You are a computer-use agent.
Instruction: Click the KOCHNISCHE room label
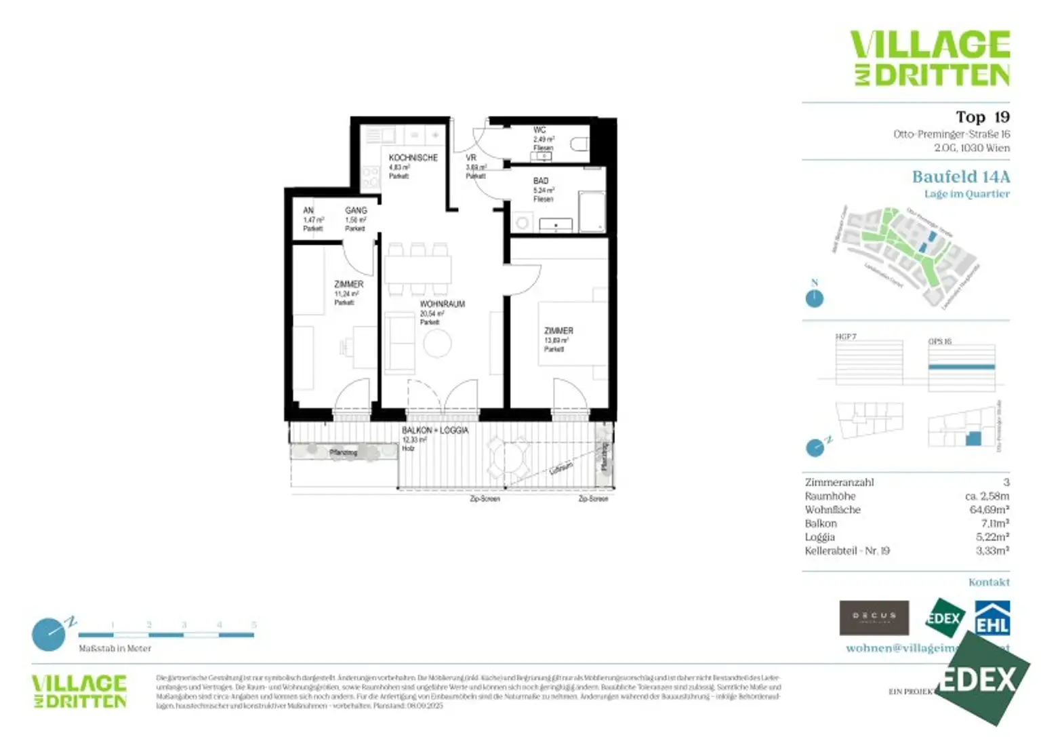413,158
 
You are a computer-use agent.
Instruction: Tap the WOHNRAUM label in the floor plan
442,304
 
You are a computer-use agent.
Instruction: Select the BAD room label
541,181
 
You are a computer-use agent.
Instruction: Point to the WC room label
539,130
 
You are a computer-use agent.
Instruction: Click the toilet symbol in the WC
579,144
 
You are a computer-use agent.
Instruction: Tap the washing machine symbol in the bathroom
523,222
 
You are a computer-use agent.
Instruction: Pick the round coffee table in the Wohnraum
437,344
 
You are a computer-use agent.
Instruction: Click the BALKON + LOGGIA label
435,431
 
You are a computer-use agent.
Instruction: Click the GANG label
356,211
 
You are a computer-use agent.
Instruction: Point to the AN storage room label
308,211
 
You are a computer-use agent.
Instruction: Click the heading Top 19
982,117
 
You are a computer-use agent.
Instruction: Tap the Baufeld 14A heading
960,177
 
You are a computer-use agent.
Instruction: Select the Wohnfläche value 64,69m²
989,510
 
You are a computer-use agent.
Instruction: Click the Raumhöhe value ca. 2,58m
987,496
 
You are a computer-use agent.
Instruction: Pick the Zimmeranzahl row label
839,483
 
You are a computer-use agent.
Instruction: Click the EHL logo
992,618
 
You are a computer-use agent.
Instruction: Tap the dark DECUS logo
874,618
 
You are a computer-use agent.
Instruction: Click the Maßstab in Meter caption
115,649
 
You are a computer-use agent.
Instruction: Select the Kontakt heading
989,582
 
